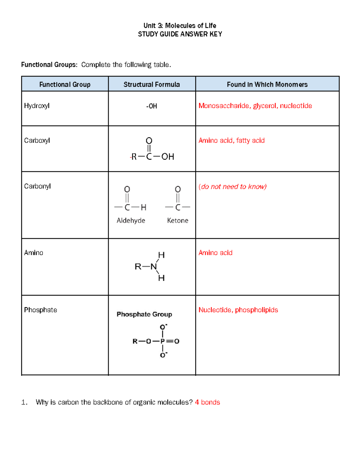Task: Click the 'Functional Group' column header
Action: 65,84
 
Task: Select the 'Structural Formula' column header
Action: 151,84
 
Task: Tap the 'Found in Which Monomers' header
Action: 267,84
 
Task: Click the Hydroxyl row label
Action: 37,106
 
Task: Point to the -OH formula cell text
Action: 152,106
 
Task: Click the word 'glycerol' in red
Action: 265,106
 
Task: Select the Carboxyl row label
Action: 37,140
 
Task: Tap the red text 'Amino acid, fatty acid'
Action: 231,140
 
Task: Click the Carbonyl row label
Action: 37,186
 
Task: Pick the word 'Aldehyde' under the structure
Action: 131,221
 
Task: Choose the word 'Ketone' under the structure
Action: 178,221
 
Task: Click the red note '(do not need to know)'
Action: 232,187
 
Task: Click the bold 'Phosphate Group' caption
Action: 144,314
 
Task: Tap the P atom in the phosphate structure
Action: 163,341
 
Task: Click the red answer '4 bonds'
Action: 207,402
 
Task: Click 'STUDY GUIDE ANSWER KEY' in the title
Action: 180,34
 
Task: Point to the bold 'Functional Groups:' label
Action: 49,65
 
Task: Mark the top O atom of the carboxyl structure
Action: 149,141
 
